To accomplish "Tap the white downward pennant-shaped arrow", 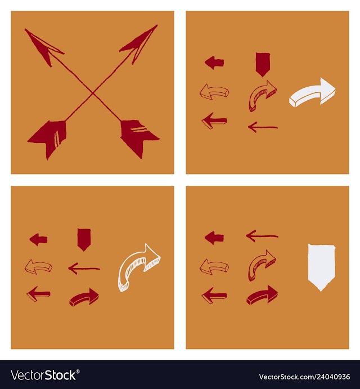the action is click(321, 267).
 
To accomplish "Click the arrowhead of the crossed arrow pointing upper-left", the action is click(44, 46).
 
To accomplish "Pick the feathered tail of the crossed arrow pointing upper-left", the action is click(138, 137).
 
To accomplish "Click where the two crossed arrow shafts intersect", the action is click(92, 93).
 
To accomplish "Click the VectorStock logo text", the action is click(43, 375).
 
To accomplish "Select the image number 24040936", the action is click(332, 377).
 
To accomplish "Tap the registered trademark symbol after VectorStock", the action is click(78, 372).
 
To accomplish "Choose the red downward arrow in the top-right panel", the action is click(263, 64).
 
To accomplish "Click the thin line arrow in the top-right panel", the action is click(263, 128).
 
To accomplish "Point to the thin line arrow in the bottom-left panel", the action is click(84, 269).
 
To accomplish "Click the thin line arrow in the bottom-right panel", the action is click(262, 236).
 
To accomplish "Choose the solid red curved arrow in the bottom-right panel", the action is click(262, 295).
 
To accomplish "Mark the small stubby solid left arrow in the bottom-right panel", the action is click(214, 238).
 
